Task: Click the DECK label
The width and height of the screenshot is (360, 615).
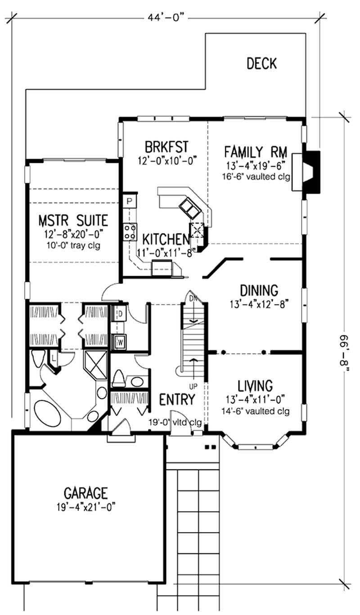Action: click(x=261, y=63)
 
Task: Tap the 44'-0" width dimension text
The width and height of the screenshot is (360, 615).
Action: click(x=166, y=18)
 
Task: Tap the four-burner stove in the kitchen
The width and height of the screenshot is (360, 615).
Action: click(x=130, y=232)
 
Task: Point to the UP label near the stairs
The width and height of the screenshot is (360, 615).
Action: click(x=193, y=386)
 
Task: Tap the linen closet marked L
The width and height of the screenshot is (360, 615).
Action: click(x=54, y=358)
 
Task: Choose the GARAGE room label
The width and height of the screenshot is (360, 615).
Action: click(x=85, y=493)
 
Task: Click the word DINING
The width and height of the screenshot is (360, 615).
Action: click(x=259, y=291)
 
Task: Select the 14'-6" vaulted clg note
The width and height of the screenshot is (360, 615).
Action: click(x=256, y=411)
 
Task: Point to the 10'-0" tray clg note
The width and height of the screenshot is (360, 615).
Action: click(x=73, y=245)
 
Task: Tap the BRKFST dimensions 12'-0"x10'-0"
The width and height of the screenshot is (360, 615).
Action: click(x=168, y=160)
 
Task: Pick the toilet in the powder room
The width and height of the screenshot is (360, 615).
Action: click(x=119, y=378)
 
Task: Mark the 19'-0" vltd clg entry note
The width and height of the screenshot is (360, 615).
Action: click(x=175, y=422)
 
